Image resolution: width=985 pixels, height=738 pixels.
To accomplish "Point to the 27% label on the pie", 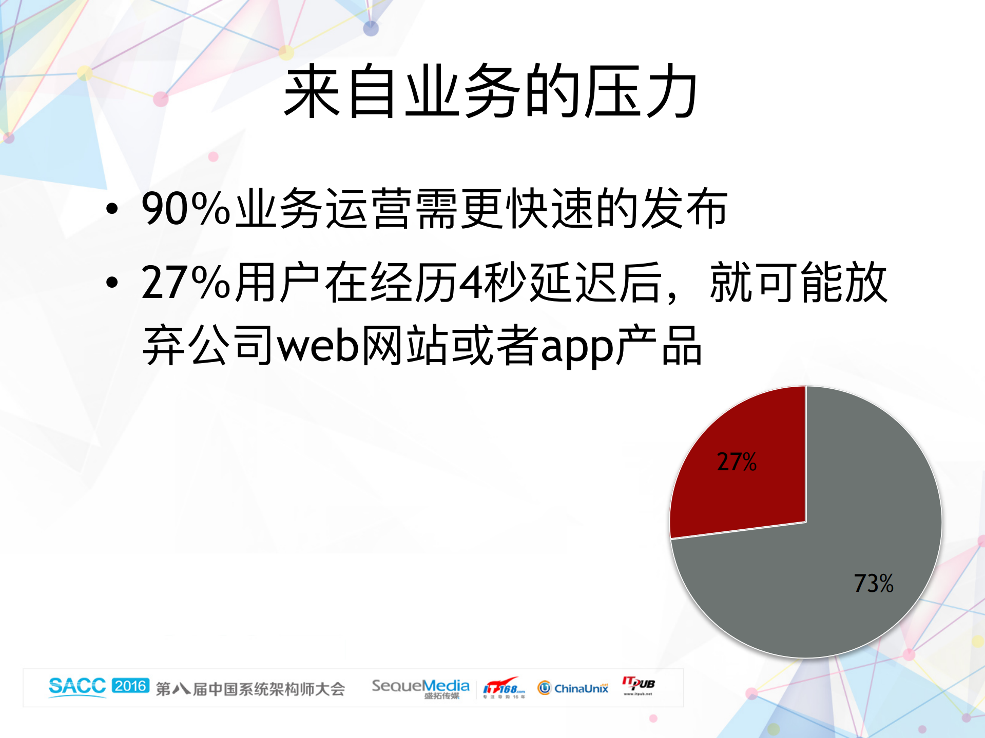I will pyautogui.click(x=737, y=462).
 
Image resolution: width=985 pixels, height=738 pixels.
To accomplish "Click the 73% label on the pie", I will pyautogui.click(x=873, y=584).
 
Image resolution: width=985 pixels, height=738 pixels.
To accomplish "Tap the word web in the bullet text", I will pyautogui.click(x=318, y=346).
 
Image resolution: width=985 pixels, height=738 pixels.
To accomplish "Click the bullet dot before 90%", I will pyautogui.click(x=112, y=209).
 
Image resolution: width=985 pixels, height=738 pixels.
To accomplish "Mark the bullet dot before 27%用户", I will pyautogui.click(x=112, y=282).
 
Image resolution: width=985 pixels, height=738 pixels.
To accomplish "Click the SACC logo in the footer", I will pyautogui.click(x=77, y=686).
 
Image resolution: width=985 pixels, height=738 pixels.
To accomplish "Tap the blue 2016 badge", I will pyautogui.click(x=130, y=686).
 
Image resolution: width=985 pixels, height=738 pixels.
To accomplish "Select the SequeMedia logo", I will pyautogui.click(x=420, y=688).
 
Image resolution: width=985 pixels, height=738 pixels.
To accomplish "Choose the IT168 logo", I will pyautogui.click(x=504, y=688).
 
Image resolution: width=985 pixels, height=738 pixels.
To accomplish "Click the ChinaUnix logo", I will pyautogui.click(x=573, y=688).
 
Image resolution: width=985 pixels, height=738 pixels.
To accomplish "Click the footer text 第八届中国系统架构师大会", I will pyautogui.click(x=250, y=689).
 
